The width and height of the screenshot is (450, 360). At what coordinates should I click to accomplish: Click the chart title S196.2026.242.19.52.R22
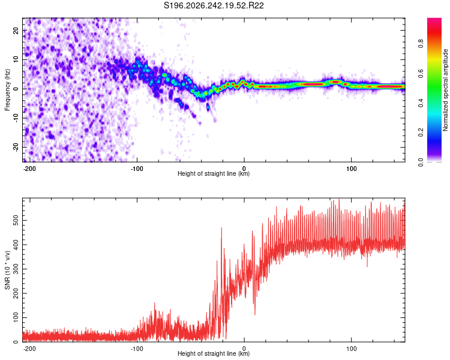(214, 5)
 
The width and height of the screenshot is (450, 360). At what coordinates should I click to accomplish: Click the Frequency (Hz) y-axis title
(7, 90)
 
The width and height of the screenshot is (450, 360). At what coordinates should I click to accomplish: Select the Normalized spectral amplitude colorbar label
(445, 90)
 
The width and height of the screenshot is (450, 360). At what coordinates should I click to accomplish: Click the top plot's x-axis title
(214, 173)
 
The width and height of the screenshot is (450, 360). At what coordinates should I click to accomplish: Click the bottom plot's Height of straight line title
(214, 353)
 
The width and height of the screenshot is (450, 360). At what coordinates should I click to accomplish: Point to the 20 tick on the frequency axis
(16, 30)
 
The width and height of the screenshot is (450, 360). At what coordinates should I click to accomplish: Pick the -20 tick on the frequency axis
(16, 147)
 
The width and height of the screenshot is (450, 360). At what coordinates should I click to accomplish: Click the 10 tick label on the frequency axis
(16, 59)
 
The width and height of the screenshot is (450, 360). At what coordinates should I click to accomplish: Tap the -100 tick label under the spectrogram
(137, 169)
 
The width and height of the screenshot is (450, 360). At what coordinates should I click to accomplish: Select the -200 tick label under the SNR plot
(29, 349)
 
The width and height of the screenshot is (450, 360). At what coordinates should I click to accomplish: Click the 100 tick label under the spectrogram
(351, 169)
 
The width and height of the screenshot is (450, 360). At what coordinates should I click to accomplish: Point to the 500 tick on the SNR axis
(16, 220)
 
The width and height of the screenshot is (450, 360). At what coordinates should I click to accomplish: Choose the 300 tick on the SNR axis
(16, 269)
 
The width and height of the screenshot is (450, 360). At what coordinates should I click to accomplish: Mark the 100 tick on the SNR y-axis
(16, 317)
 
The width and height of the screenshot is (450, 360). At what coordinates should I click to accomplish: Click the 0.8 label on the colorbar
(421, 44)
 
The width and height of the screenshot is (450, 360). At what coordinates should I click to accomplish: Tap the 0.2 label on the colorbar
(421, 133)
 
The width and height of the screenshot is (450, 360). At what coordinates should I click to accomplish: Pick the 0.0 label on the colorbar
(421, 162)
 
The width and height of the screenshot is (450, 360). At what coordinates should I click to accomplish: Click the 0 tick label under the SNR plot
(244, 349)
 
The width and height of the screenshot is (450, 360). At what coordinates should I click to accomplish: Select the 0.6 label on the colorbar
(421, 73)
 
